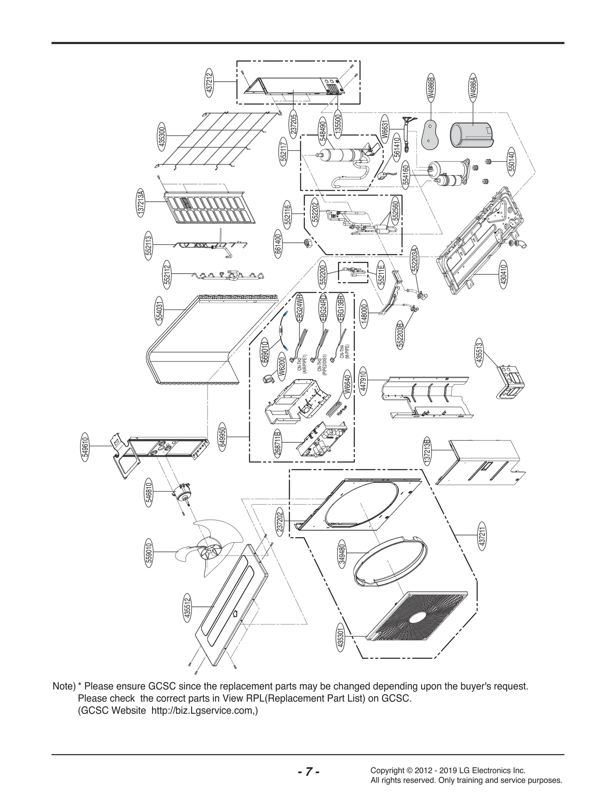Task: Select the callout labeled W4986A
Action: tap(473, 89)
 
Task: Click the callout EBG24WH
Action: tap(300, 307)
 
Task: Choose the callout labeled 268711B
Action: tap(278, 443)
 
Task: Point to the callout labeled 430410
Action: tap(504, 274)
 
